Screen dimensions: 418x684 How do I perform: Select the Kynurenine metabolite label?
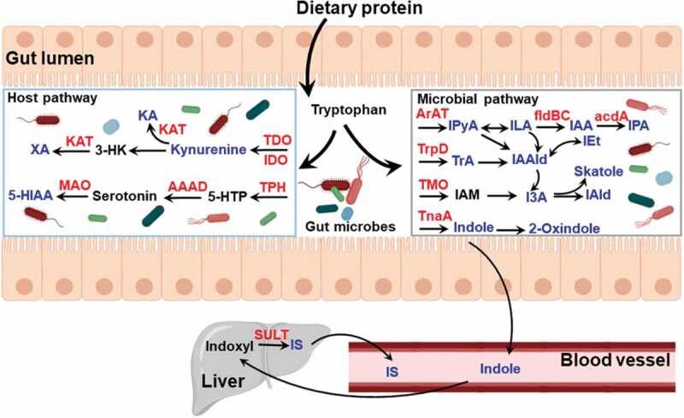(209, 150)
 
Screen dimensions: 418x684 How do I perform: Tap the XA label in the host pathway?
(39, 150)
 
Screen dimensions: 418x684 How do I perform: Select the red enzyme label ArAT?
(431, 114)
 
